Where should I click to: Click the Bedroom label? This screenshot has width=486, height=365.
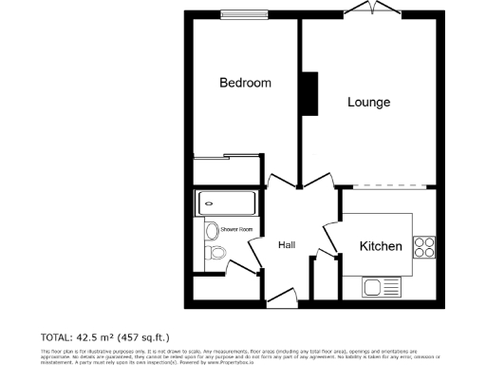245,83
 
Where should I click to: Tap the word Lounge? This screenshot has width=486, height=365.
368,102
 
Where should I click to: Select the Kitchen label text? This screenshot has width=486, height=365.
381,247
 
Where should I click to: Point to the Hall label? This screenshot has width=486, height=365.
287,245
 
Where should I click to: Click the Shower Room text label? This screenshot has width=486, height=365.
236,230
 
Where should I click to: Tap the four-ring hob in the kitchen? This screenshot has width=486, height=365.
424,247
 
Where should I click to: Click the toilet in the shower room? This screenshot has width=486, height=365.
215,254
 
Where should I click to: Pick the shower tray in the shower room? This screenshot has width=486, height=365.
225,202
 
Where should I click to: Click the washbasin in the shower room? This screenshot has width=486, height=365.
210,229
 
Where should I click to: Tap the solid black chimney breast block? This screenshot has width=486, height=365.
308,92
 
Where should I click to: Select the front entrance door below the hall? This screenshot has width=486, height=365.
282,303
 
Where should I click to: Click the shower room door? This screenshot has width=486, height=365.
244,262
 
